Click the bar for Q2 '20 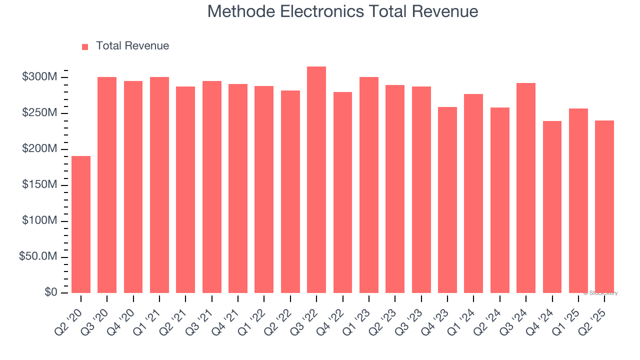[81, 224]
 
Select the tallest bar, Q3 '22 [316, 180]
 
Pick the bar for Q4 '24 [552, 207]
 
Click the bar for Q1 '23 [369, 185]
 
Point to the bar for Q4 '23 [447, 200]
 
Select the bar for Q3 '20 [107, 185]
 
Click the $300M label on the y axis [39, 77]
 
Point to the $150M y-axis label [39, 185]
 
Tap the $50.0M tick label [38, 257]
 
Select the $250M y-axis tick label [39, 113]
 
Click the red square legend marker [85, 46]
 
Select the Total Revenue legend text [132, 46]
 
